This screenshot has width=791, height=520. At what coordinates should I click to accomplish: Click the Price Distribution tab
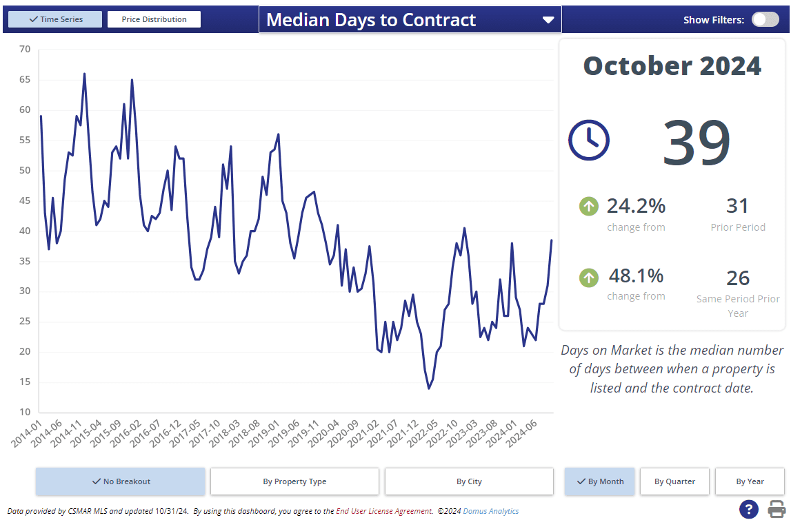(154, 19)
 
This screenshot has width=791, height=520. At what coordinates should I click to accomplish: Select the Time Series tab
(55, 19)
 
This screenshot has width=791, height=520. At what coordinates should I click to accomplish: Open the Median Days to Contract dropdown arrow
(548, 20)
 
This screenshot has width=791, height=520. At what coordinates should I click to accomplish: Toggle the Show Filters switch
(765, 19)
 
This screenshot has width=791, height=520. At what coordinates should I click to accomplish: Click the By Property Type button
(294, 481)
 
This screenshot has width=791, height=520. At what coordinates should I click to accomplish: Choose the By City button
(469, 481)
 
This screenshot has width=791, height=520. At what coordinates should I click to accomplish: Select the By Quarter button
(674, 481)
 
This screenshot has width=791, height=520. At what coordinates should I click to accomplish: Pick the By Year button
(749, 481)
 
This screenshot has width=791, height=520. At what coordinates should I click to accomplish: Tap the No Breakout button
(121, 481)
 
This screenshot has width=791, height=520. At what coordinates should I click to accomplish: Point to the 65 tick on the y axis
(25, 79)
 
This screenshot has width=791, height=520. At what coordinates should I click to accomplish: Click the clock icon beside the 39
(588, 140)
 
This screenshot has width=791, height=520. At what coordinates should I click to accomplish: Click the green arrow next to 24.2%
(588, 205)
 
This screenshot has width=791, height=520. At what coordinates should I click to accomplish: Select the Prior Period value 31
(737, 205)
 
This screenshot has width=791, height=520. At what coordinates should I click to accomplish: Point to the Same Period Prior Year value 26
(737, 278)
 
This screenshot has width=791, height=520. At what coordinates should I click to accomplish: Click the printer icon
(777, 509)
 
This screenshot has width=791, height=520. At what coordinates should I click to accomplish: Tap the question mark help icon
(749, 509)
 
